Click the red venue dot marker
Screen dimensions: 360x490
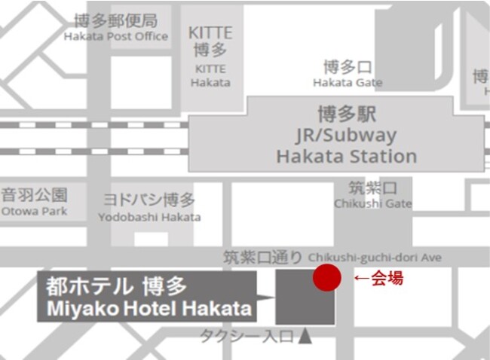[x=327, y=277]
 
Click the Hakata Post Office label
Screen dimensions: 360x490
[x=115, y=36]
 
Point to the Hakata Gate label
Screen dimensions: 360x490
[x=343, y=81]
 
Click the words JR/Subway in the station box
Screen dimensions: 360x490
[x=347, y=136]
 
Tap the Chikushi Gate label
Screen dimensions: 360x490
[x=373, y=203]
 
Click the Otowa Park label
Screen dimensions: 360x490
[x=34, y=211]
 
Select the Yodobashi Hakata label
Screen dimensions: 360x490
[x=149, y=217]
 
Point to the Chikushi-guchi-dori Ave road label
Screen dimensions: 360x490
[x=375, y=258]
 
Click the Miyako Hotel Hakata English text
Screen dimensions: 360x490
[x=150, y=308]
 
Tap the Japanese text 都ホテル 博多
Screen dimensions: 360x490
[x=116, y=286]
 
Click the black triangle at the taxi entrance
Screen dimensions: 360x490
[x=305, y=337]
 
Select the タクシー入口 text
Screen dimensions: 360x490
[x=246, y=337]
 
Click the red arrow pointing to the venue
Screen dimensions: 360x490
[x=360, y=279]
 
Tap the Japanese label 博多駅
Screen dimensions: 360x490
[x=347, y=115]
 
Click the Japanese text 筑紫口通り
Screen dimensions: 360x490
[x=262, y=258]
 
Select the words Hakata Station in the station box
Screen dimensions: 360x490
[x=347, y=157]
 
